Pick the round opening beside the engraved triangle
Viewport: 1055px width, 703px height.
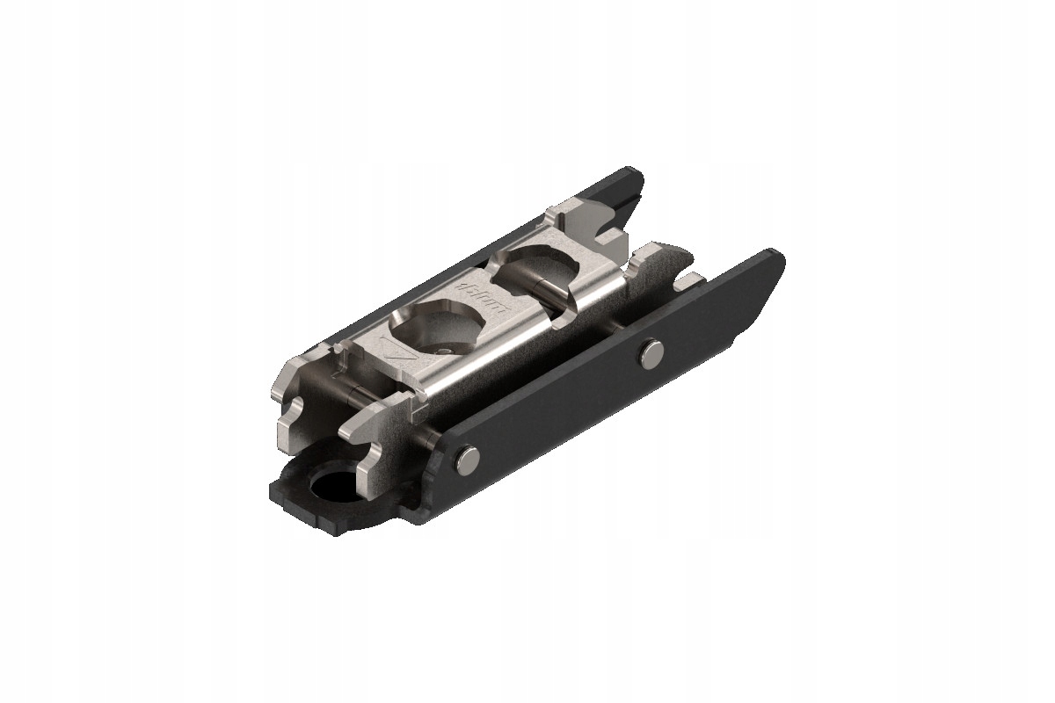point(437,324)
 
